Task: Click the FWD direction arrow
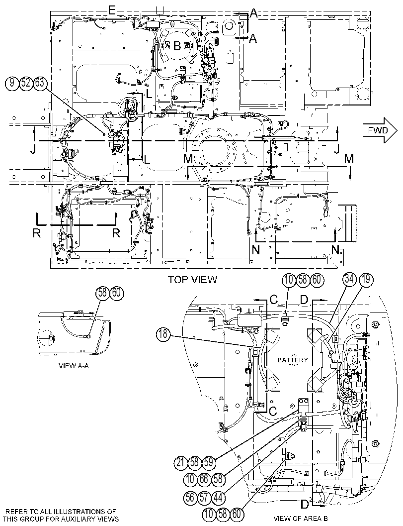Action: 380,130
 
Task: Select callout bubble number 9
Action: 12,83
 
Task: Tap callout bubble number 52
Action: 26,83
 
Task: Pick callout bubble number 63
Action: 40,83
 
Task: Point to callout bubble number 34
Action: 350,280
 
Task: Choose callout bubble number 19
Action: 365,280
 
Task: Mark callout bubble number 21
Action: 181,463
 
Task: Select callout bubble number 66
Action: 204,479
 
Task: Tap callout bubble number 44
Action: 218,497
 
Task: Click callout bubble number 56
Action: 190,497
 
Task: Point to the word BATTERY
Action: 293,360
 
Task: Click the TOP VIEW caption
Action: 193,279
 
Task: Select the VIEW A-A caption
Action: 74,366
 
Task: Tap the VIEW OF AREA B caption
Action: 301,518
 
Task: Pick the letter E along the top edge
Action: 112,11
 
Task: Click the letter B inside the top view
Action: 177,46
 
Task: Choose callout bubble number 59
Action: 208,463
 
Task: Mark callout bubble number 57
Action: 204,497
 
